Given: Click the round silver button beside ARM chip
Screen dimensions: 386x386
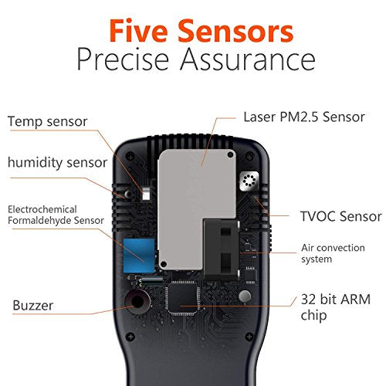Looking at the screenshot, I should click(244, 296).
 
